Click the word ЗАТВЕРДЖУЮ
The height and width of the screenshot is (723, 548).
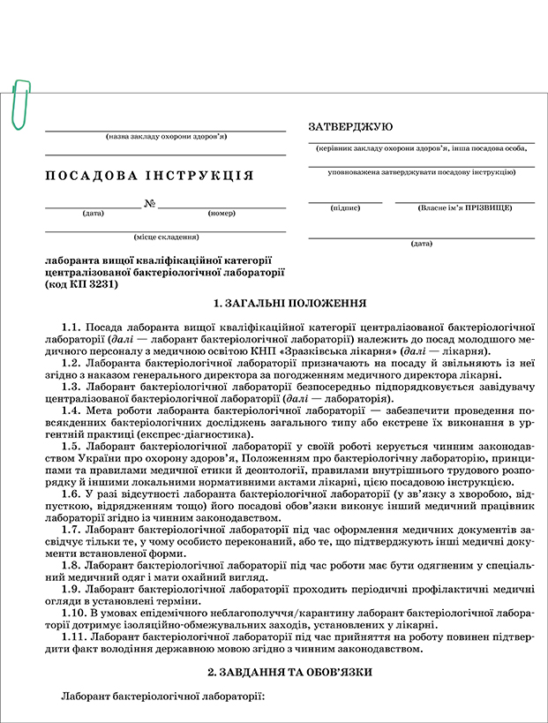350,127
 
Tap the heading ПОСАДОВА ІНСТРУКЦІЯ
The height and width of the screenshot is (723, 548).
149,176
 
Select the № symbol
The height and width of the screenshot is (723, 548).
150,205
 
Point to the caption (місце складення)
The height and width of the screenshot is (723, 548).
165,237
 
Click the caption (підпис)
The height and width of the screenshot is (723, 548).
344,208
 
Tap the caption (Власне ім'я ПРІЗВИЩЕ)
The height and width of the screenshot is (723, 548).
465,208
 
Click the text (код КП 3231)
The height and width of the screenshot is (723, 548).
85,284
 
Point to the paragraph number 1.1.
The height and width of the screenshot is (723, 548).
71,326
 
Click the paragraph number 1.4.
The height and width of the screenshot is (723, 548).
71,410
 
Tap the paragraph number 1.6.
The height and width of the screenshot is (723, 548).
71,494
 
